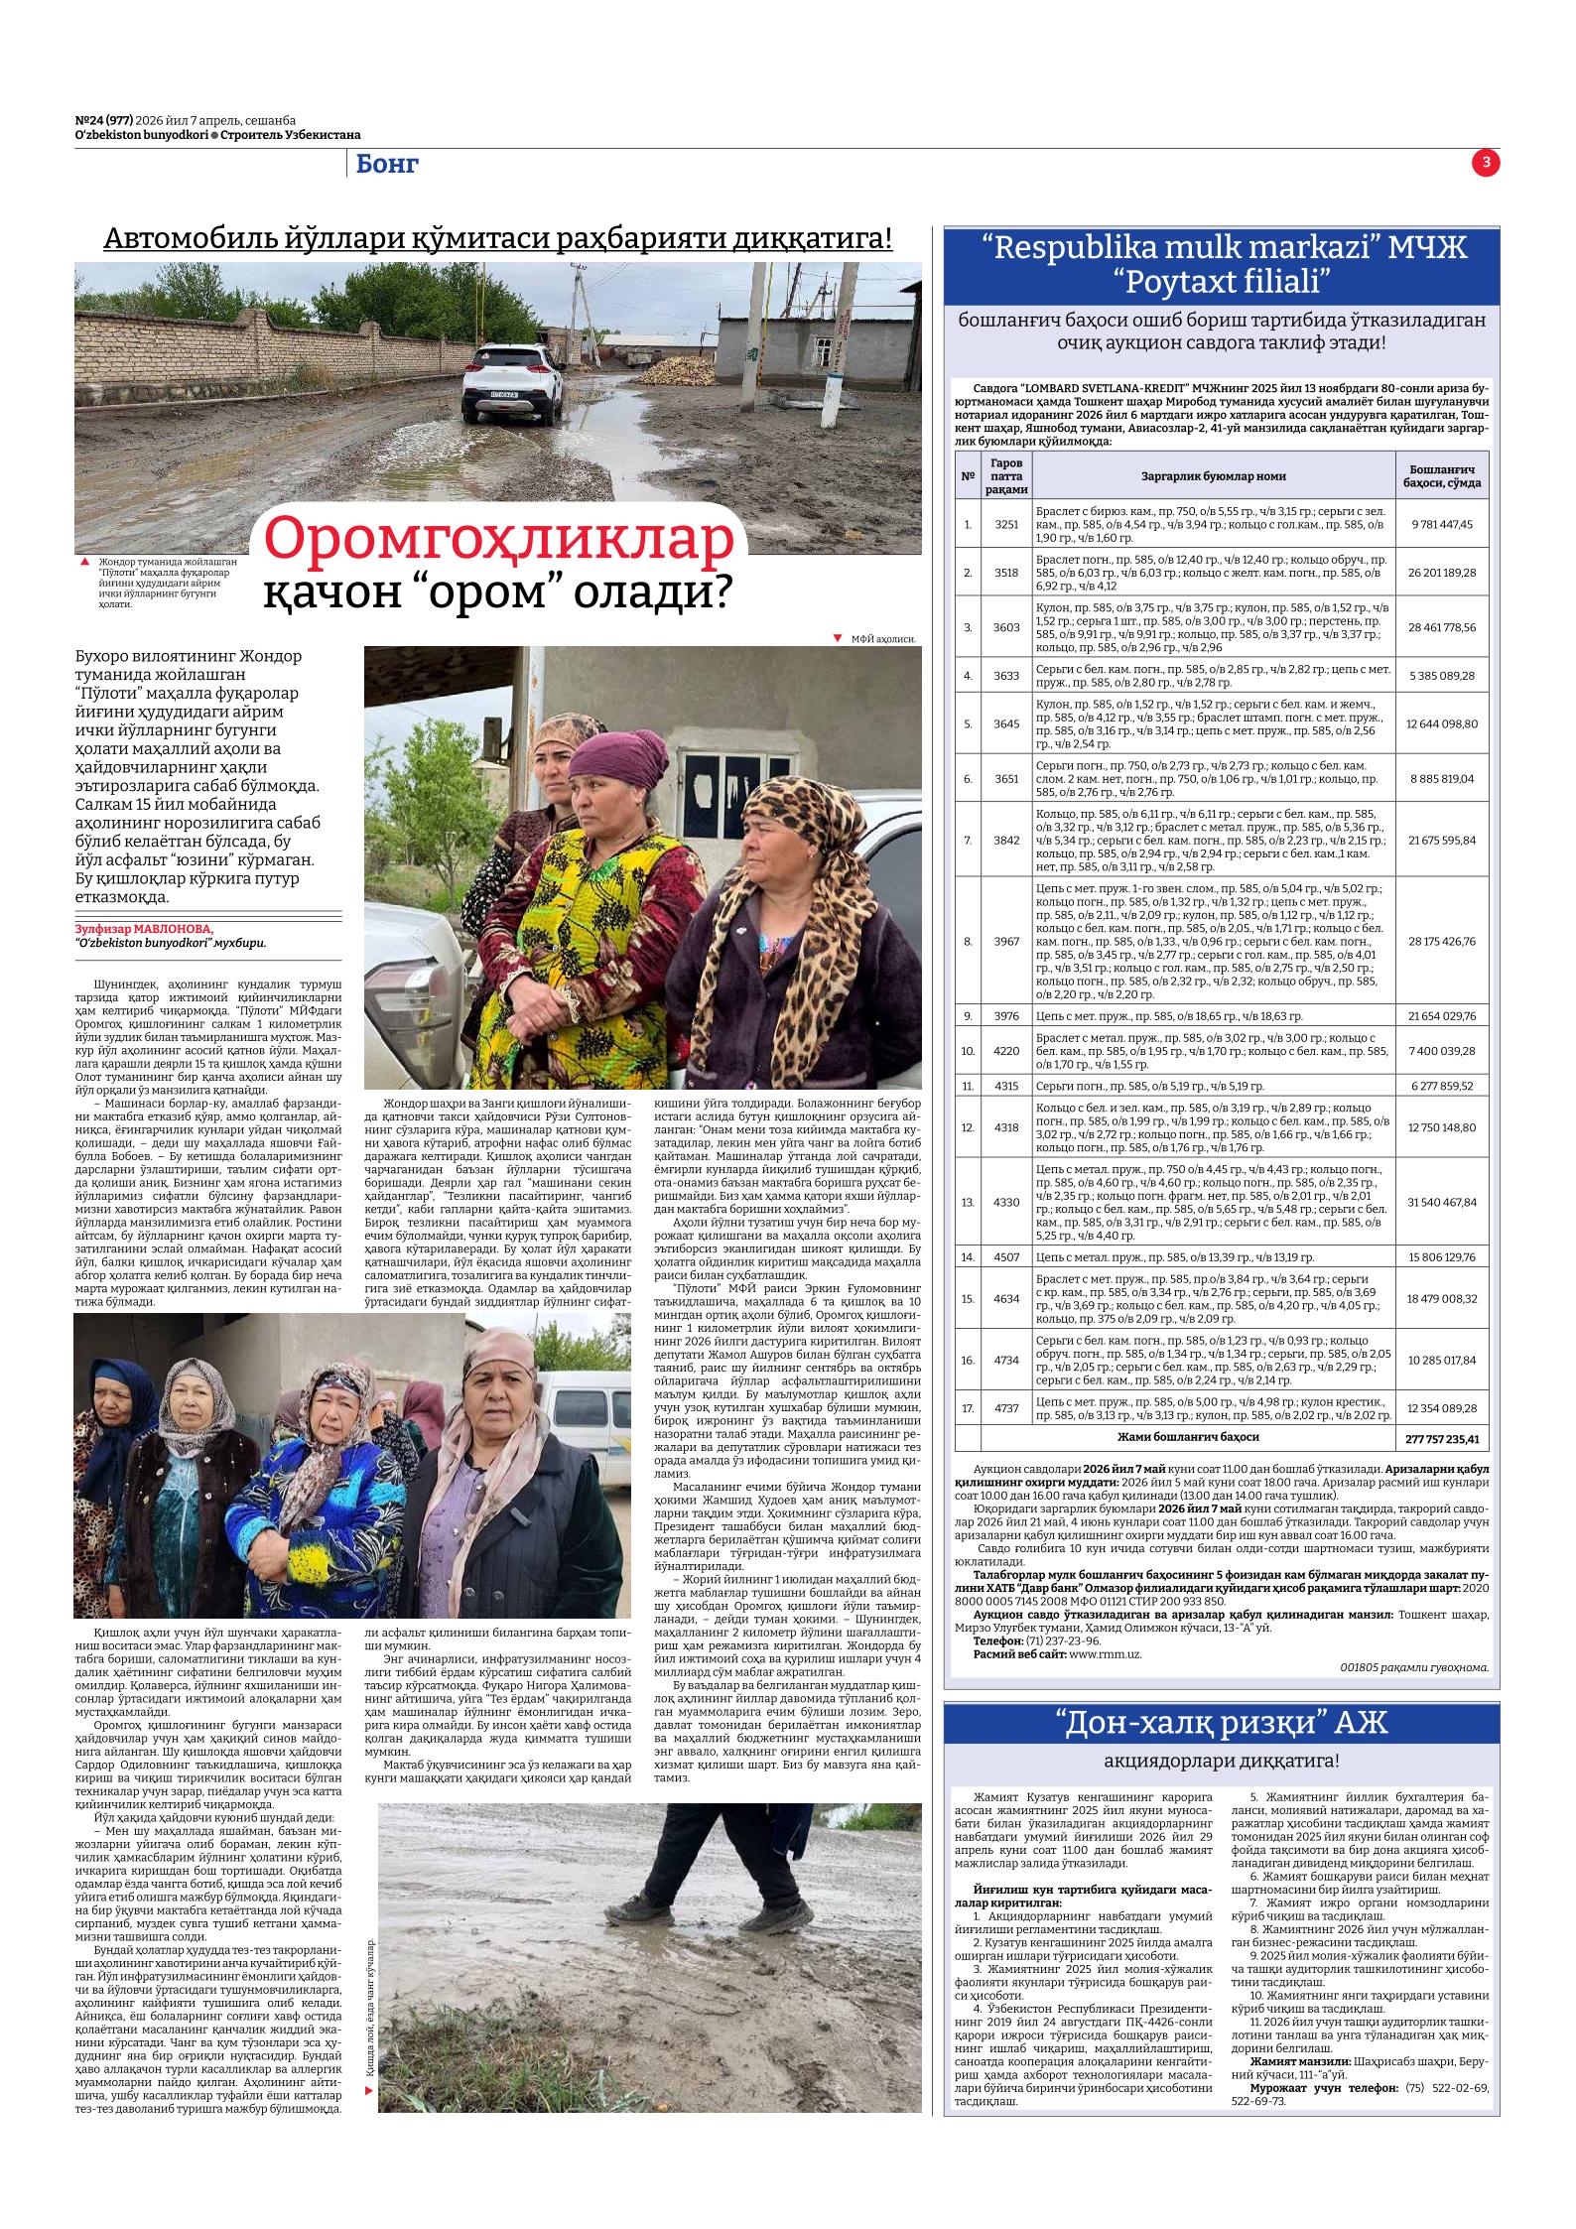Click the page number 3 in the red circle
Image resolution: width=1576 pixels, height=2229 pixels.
[1486, 164]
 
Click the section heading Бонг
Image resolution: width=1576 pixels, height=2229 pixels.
[387, 165]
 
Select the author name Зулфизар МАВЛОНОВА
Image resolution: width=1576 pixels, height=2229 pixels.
[144, 929]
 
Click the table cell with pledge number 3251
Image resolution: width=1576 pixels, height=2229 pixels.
[1005, 524]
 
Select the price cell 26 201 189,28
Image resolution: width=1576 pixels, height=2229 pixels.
[1442, 573]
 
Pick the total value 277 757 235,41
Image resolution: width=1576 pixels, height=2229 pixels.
[1442, 1439]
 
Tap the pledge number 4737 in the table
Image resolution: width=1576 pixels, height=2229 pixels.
[1005, 1408]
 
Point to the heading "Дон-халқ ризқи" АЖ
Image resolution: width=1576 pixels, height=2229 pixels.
[1220, 1724]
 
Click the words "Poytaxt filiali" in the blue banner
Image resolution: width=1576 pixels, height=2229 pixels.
[1220, 282]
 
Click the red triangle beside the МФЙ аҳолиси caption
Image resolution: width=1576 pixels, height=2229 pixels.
[837, 638]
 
